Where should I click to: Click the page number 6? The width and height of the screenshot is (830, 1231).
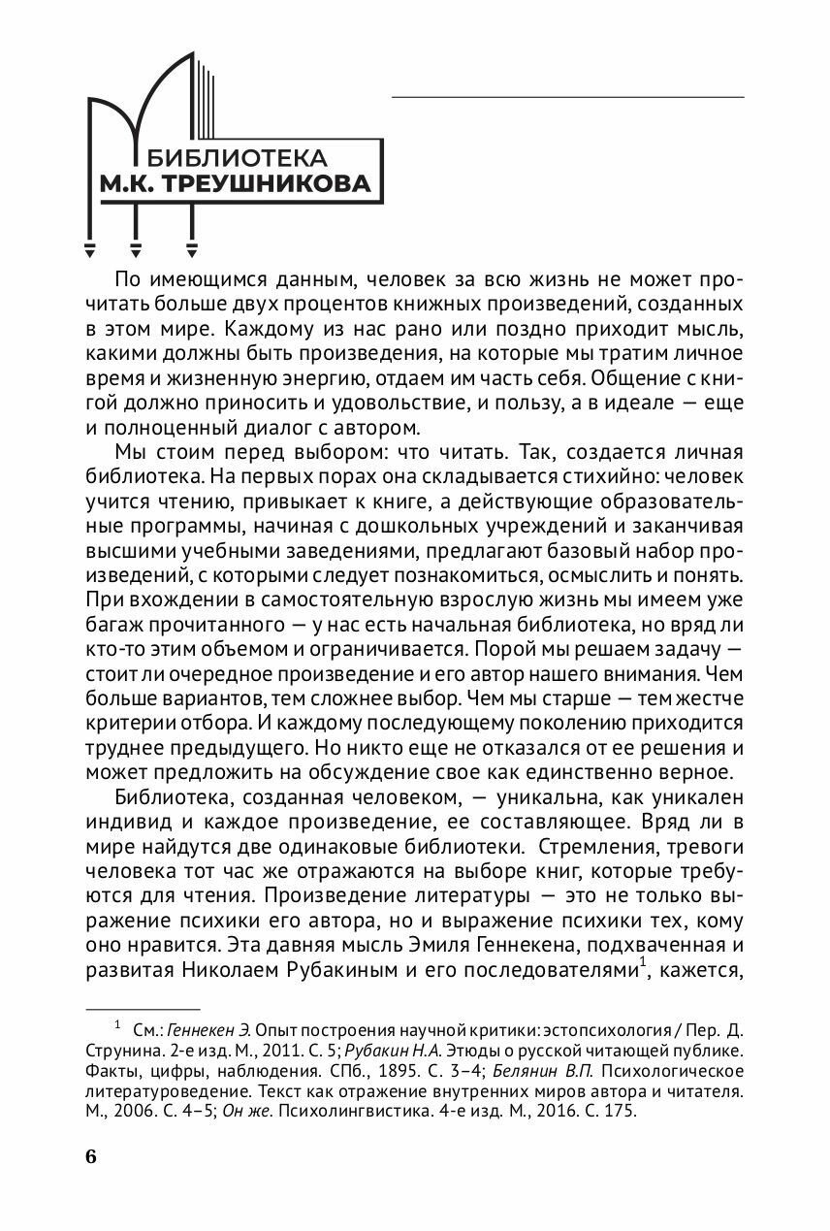click(91, 1157)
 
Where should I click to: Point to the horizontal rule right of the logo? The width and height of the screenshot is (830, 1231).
click(567, 97)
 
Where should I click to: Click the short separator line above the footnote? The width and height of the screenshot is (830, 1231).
click(143, 1009)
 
